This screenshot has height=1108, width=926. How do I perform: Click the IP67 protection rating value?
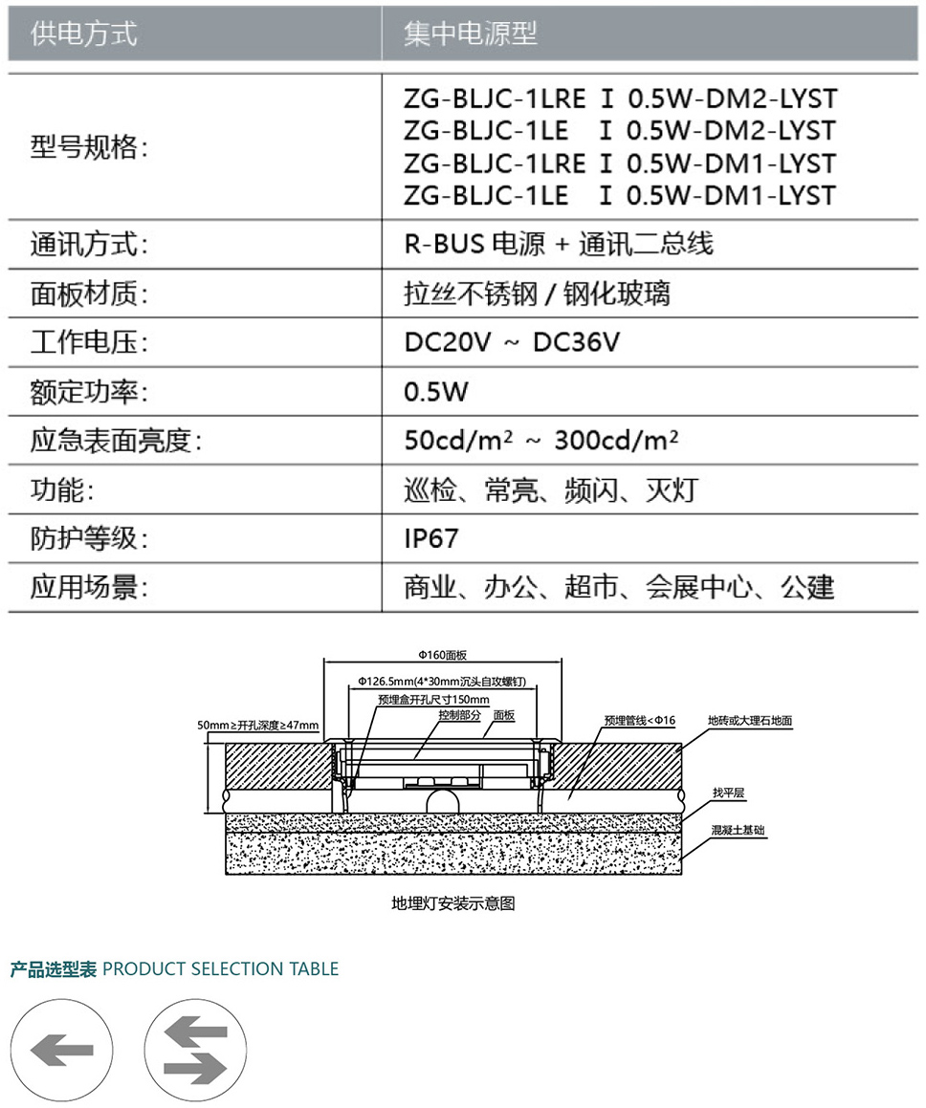click(x=431, y=538)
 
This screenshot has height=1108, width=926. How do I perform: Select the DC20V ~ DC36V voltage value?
click(x=512, y=342)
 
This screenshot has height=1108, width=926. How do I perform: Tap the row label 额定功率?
click(x=89, y=391)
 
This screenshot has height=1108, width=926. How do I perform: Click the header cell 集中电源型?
click(x=471, y=33)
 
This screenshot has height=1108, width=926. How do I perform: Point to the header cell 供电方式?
click(x=83, y=33)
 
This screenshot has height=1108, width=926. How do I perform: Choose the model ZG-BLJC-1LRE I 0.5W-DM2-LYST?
click(x=621, y=98)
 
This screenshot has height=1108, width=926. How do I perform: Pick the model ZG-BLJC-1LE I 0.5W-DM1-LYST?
click(x=620, y=195)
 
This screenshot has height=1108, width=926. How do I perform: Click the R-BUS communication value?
click(x=559, y=244)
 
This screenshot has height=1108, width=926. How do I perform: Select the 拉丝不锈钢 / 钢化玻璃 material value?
click(x=538, y=293)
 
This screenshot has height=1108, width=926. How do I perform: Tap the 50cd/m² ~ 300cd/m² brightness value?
click(x=541, y=440)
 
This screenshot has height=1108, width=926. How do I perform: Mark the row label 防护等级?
click(x=89, y=538)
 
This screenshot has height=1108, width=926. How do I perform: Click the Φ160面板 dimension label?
click(x=443, y=655)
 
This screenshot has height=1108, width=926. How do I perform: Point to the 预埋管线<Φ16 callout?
click(x=640, y=720)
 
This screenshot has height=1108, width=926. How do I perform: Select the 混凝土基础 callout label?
click(x=738, y=830)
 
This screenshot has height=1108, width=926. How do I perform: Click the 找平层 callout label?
click(x=728, y=793)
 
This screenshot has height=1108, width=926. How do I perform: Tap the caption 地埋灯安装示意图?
click(x=453, y=903)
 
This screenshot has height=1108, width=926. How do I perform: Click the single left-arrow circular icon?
click(x=61, y=1050)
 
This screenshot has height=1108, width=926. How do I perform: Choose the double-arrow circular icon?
click(x=196, y=1050)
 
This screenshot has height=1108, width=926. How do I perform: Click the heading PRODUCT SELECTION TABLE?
click(x=221, y=968)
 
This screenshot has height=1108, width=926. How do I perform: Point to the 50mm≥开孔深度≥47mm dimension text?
click(x=258, y=725)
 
